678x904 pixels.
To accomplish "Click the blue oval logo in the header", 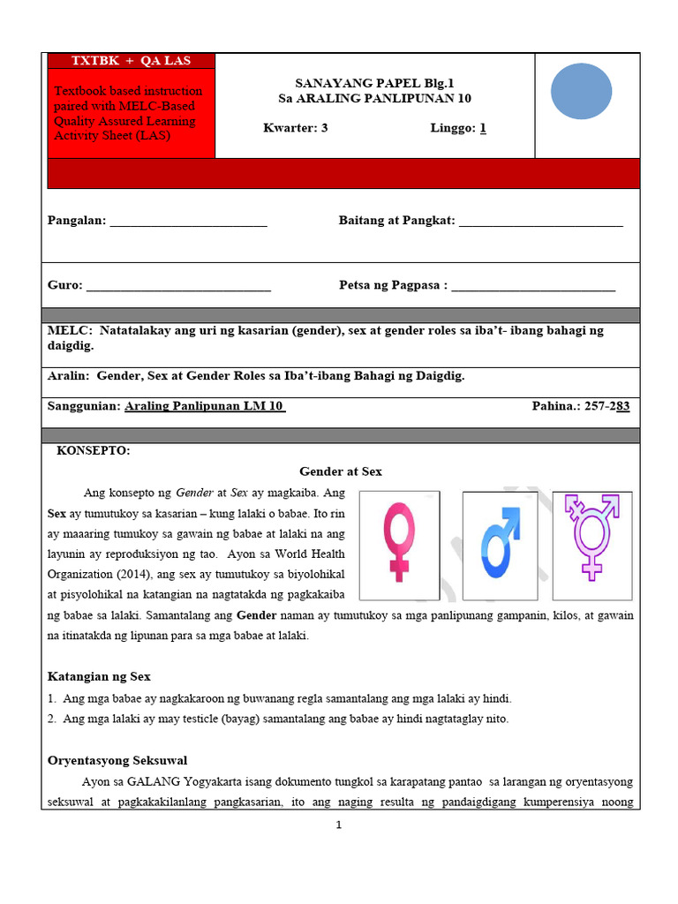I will (x=581, y=91).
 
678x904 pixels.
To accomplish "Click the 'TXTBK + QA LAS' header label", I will (x=131, y=61).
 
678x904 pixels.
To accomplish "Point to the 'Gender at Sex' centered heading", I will (x=341, y=471).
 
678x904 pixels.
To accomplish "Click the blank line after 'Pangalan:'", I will (x=188, y=222).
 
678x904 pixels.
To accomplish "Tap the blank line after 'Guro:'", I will (x=178, y=286).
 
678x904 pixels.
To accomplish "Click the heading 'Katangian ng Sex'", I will (x=99, y=676).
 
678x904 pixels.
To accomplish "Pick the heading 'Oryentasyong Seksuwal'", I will (x=117, y=760).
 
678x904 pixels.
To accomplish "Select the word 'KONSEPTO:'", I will (x=94, y=450).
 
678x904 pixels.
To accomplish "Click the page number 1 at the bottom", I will (x=338, y=825).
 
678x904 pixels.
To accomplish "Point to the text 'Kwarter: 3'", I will (x=296, y=128).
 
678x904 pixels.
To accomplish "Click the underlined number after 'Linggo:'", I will (x=483, y=128).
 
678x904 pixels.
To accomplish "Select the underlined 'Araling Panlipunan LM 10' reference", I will (x=205, y=406).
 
